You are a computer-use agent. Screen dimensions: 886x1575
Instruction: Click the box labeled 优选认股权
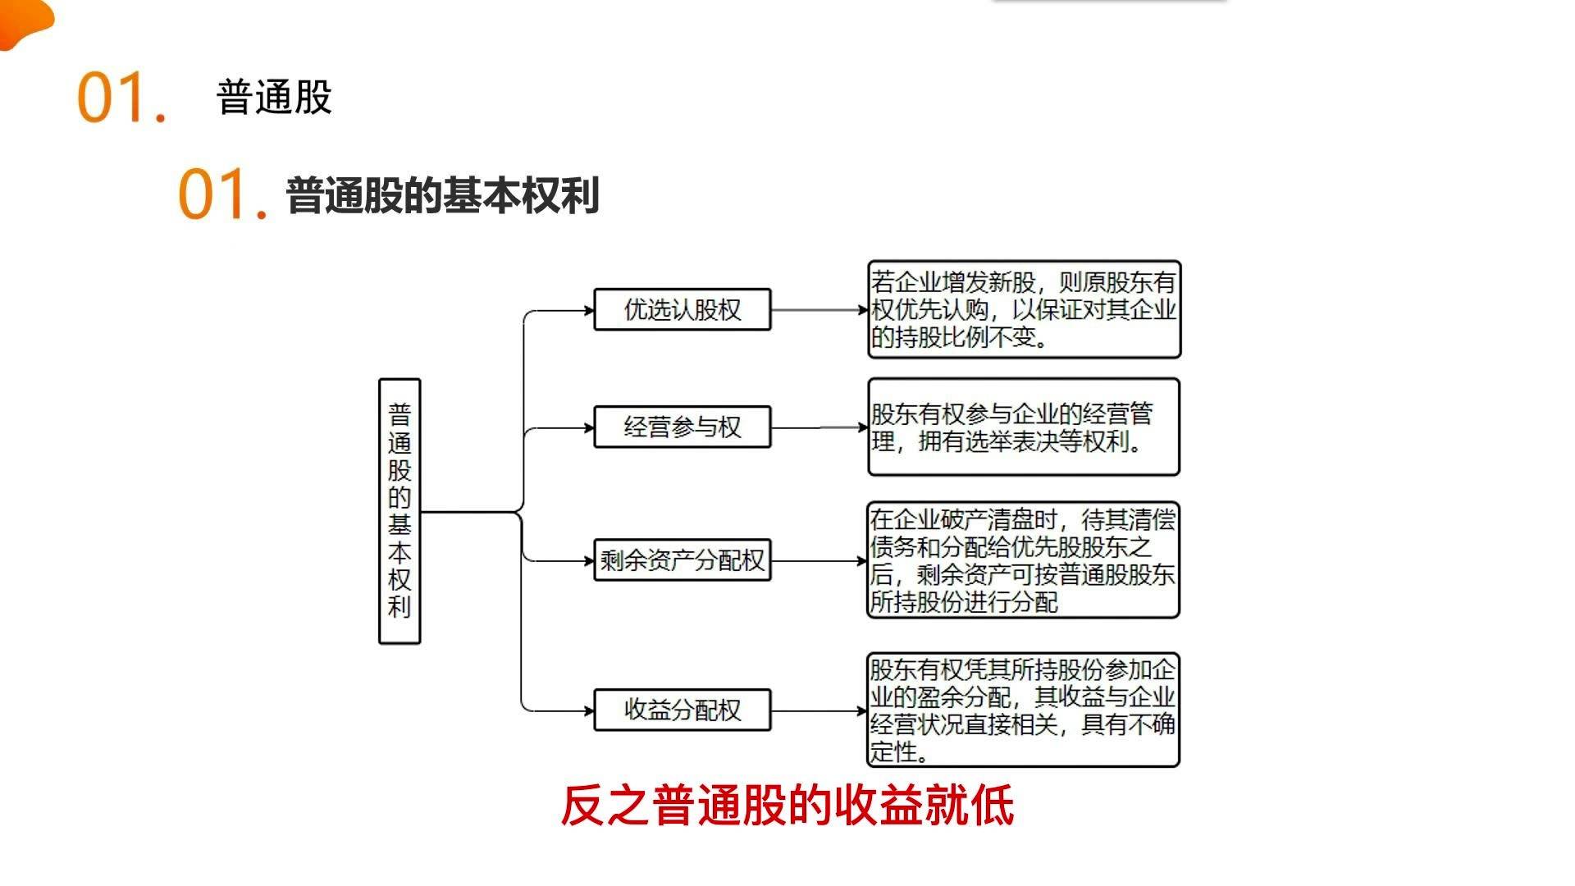coord(682,309)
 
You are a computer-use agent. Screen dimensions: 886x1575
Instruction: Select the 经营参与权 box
coord(682,427)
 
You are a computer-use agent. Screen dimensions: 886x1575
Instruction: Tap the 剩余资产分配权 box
coord(682,560)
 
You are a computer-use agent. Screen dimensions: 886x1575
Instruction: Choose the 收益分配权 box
coord(682,710)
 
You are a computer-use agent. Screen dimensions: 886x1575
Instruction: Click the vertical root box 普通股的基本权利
coord(399,511)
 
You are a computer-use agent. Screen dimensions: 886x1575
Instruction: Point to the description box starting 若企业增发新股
coord(1024,309)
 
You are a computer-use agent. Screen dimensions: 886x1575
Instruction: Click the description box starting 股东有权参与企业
coord(1024,427)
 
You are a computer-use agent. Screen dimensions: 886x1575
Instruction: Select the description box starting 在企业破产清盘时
coord(1023,560)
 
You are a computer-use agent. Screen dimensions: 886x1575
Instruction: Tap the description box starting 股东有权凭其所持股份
coord(1023,710)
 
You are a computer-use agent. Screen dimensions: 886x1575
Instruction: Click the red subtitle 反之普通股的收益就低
coord(787,805)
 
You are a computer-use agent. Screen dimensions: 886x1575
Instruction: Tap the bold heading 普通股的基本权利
coord(442,195)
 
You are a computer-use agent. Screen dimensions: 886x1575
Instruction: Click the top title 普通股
coord(274,98)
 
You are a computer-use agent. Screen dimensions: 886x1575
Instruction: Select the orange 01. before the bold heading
coord(222,194)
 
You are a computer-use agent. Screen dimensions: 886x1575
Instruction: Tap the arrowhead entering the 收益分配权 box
coord(588,710)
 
